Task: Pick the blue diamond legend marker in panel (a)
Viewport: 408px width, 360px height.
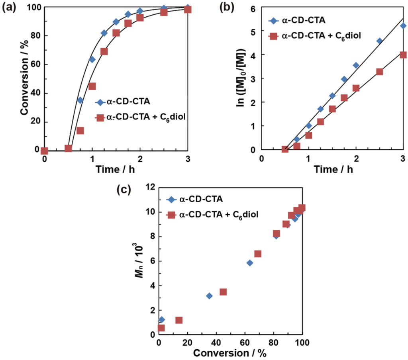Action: (100, 102)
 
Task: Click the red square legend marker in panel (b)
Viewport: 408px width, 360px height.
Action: (273, 36)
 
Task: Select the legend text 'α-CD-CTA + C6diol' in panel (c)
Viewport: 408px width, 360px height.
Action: (219, 215)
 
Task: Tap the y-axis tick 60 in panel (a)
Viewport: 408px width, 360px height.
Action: (35, 65)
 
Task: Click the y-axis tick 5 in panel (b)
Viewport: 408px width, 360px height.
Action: (253, 31)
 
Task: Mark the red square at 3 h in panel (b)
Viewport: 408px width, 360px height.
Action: (403, 55)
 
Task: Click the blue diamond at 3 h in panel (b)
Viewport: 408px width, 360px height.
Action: (403, 26)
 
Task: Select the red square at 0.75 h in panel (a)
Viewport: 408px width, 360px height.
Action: (80, 131)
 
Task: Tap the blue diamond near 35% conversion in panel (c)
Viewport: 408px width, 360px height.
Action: (209, 296)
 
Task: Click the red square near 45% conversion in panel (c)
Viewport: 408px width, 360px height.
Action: (223, 292)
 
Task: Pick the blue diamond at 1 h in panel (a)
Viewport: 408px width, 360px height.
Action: (92, 59)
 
